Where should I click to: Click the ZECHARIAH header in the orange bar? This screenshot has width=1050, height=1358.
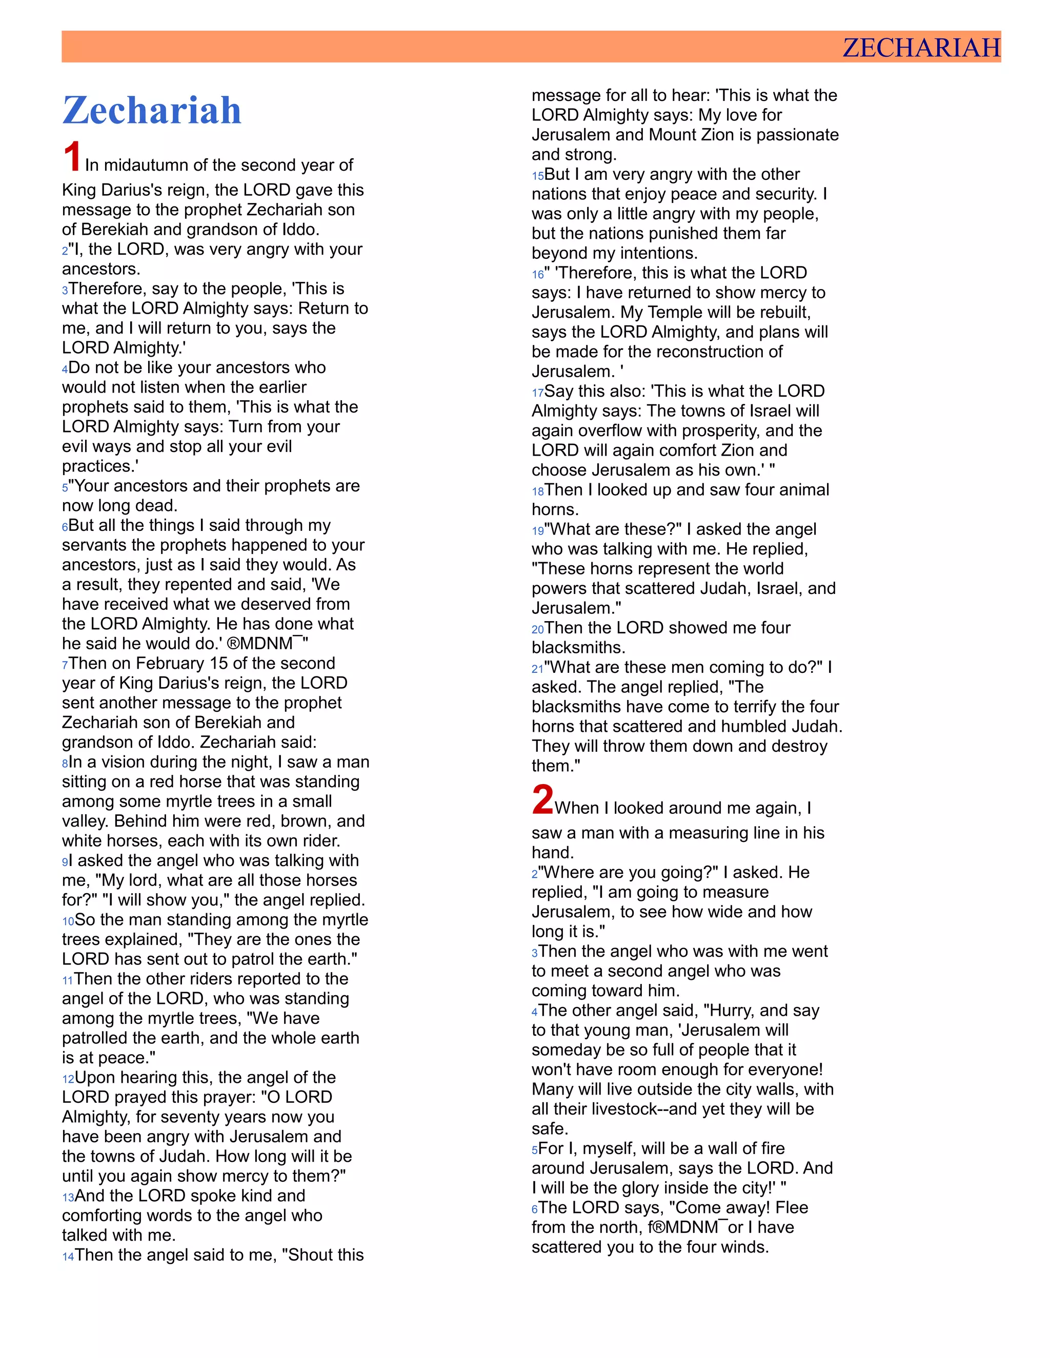pos(921,48)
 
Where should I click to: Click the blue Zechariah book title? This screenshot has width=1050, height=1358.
pos(152,111)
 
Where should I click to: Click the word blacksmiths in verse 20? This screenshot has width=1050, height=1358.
pos(578,648)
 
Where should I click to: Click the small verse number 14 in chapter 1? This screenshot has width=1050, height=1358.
pos(68,1257)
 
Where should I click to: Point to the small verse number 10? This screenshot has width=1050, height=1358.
pos(68,921)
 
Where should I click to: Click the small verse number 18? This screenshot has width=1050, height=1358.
pos(537,491)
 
